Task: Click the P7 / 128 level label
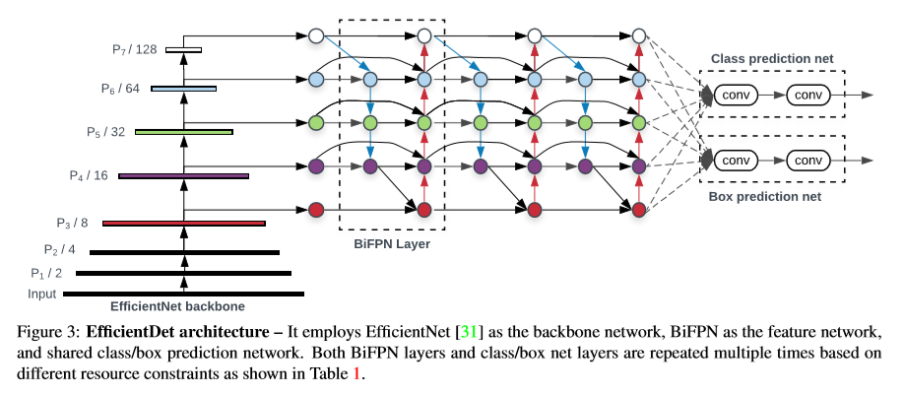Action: pyautogui.click(x=135, y=47)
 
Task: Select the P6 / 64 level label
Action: pyautogui.click(x=120, y=88)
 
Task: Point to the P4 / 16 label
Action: pyautogui.click(x=89, y=175)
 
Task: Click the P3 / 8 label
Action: pyautogui.click(x=73, y=223)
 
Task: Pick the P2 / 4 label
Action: pyautogui.click(x=59, y=249)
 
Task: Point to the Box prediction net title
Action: pyautogui.click(x=764, y=197)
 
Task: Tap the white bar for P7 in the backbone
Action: pyautogui.click(x=183, y=48)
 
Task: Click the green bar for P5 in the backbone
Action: pyautogui.click(x=183, y=131)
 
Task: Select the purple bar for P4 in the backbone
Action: pyautogui.click(x=183, y=176)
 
